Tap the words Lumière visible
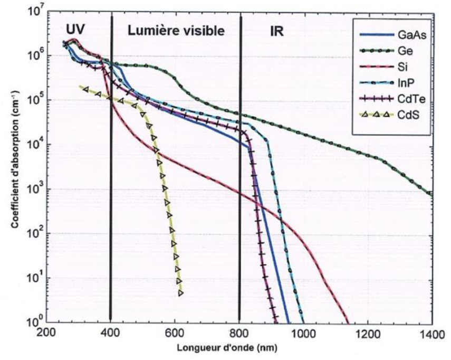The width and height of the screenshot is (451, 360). point(176,31)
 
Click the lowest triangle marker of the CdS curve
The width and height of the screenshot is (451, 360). point(181,292)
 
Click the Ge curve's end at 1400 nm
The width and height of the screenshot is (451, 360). point(432,195)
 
